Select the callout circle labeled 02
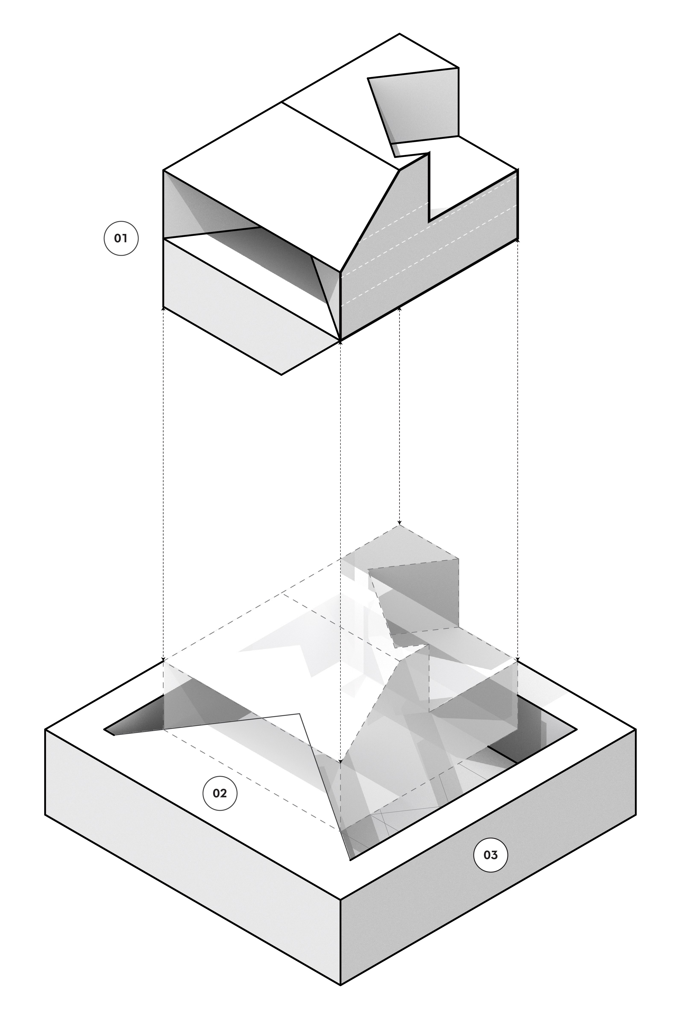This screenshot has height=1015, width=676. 220,793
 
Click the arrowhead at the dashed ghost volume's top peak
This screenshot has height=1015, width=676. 400,523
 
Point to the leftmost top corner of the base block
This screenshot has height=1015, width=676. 45,730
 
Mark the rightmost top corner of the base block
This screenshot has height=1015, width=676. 636,730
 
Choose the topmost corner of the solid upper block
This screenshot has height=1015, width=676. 400,34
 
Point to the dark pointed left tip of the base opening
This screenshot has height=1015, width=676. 105,730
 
